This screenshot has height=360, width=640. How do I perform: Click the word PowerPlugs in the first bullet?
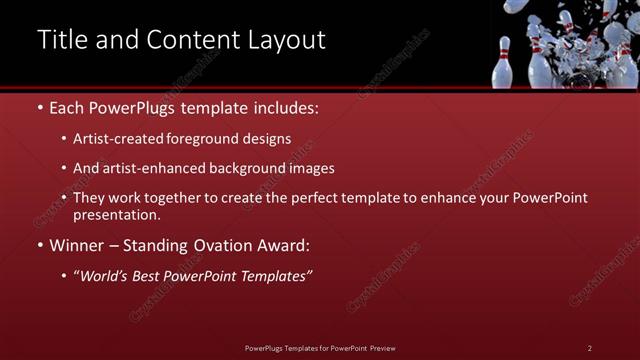[127, 107]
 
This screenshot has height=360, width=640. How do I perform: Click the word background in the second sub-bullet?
[245, 168]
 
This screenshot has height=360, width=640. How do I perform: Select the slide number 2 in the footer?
[589, 347]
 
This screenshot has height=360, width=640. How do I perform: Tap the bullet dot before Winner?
[39, 245]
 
